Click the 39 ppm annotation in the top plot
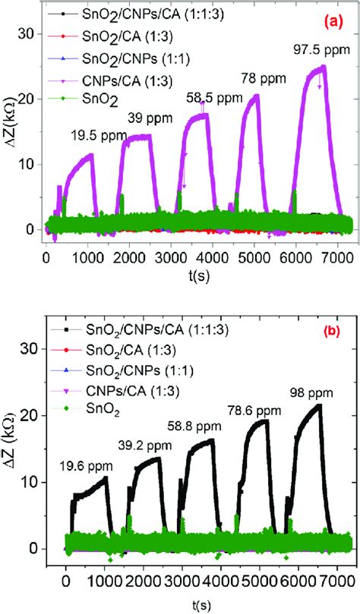(150, 120)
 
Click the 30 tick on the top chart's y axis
(26, 33)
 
